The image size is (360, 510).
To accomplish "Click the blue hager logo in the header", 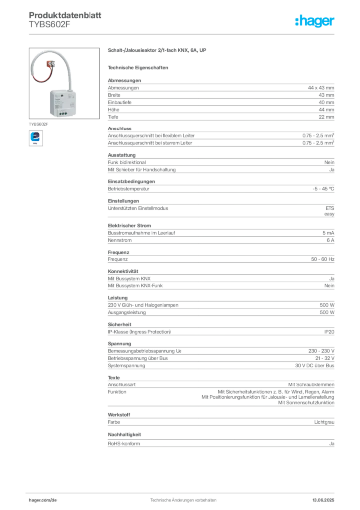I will click(x=316, y=22).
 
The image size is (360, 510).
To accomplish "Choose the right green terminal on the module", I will click(x=65, y=113).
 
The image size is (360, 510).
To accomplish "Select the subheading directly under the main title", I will click(x=139, y=67).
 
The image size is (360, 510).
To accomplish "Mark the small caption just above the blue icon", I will click(x=39, y=122).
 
